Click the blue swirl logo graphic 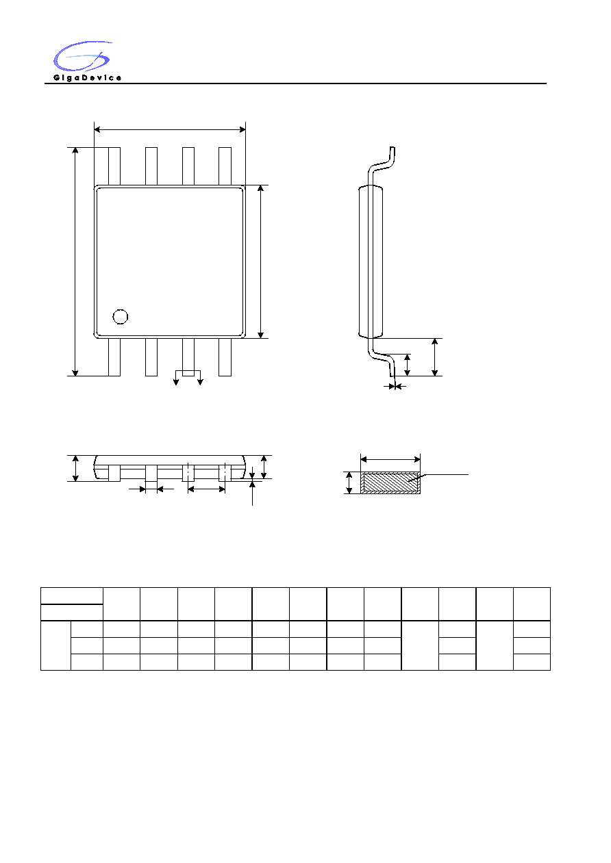[x=82, y=56]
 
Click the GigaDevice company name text [x=88, y=78]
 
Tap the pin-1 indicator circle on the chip [x=121, y=317]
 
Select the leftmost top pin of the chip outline [x=114, y=166]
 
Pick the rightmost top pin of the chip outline [x=225, y=166]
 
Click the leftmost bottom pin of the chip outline [x=114, y=357]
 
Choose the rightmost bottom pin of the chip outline [x=225, y=357]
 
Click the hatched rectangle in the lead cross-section [x=390, y=482]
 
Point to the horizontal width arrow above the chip [x=170, y=129]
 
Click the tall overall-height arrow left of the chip [x=75, y=261]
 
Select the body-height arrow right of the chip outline [x=260, y=261]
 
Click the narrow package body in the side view [x=371, y=261]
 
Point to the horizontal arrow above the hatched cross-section [x=390, y=459]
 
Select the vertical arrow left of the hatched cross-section [x=349, y=482]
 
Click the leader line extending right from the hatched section [x=438, y=477]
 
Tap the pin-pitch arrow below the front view [x=206, y=489]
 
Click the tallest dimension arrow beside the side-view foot [x=435, y=357]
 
